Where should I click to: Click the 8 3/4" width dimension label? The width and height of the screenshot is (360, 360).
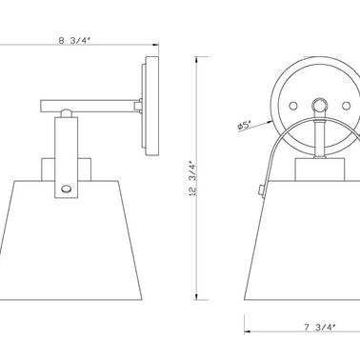pos(75,40)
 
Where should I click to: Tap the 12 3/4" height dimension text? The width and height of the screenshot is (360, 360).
pos(193,178)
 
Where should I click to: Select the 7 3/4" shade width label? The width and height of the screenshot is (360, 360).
pos(320,327)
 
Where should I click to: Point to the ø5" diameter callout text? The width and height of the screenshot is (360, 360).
pos(245,126)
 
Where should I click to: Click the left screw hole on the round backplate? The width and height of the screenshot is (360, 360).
pos(293,106)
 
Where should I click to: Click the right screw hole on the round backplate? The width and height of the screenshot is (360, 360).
pos(346,106)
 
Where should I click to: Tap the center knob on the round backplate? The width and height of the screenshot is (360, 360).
pos(319,105)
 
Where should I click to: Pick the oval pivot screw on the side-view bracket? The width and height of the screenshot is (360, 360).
pos(67,189)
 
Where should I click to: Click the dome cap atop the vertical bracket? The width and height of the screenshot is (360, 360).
pos(66,113)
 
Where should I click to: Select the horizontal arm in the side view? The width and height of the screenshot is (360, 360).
pos(88,106)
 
